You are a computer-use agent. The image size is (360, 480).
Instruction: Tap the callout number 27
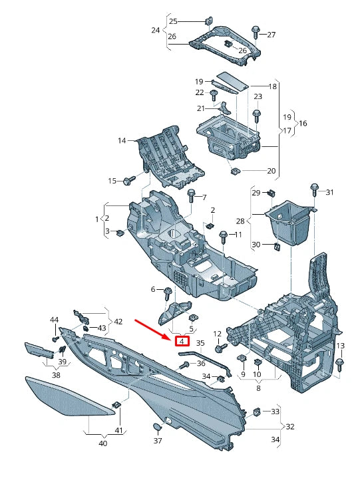click(x=271, y=35)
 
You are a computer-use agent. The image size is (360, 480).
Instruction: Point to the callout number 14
click(x=122, y=140)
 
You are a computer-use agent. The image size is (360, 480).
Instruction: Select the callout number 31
click(x=329, y=192)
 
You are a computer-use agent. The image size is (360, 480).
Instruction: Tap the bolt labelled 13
click(x=340, y=363)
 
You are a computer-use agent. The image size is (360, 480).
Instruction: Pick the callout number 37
click(x=158, y=441)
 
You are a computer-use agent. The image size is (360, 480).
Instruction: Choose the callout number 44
click(x=55, y=320)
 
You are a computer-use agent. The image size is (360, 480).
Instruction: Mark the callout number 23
click(x=258, y=96)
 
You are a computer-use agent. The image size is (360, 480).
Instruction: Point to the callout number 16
click(x=303, y=124)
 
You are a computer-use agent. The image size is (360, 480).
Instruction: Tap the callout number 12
click(x=217, y=333)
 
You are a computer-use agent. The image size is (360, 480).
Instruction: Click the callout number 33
click(x=275, y=412)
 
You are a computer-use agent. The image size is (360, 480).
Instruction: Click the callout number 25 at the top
click(x=173, y=21)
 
